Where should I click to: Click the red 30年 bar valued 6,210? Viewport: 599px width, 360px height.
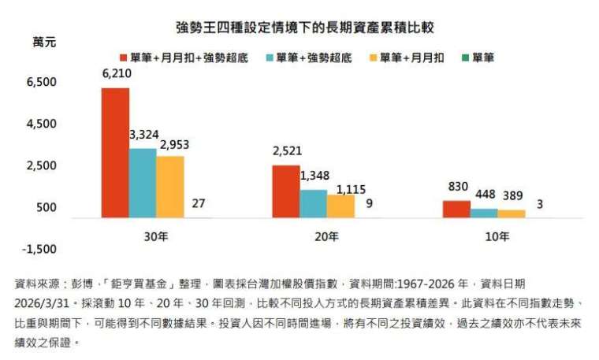(115, 153)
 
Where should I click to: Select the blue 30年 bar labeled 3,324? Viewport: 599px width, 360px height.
(143, 183)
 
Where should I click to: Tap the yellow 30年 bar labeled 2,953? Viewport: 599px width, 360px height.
(170, 187)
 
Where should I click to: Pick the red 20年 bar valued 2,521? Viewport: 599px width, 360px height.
(286, 191)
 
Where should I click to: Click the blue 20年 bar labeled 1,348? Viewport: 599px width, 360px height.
(314, 203)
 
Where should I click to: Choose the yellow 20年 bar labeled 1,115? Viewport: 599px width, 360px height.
(341, 206)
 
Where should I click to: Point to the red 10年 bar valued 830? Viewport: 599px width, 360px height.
(456, 209)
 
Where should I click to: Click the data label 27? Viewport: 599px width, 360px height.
(198, 203)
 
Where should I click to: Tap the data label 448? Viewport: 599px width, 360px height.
(484, 195)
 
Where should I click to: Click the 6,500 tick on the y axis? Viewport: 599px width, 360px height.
(41, 82)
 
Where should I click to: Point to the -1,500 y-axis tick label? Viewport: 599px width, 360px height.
(39, 249)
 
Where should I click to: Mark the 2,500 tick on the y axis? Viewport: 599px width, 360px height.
(41, 165)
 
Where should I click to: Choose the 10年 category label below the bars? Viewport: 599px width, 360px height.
(497, 235)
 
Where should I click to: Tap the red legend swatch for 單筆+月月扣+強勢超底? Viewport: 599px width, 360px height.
(125, 58)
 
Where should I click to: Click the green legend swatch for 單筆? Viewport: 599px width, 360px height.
(464, 58)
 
